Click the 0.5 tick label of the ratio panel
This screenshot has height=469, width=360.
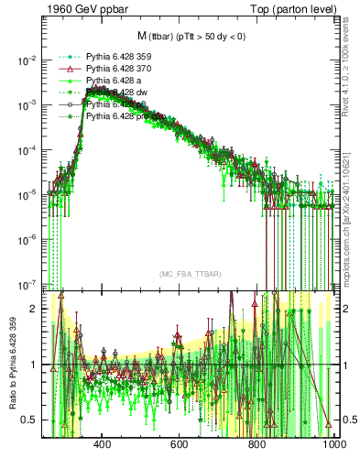[31, 420]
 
